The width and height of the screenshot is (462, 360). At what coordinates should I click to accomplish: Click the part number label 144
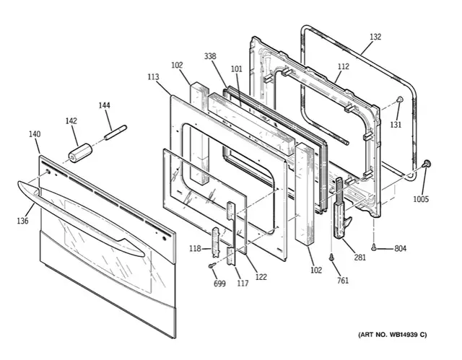click(104, 105)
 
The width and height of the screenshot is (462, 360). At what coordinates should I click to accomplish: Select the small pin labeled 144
click(115, 133)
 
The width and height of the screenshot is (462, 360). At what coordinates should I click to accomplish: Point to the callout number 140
click(35, 134)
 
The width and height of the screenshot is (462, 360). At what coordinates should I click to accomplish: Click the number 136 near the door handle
click(22, 221)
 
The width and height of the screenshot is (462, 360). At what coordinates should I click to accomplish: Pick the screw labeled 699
click(212, 265)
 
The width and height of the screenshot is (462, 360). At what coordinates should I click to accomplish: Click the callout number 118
click(195, 249)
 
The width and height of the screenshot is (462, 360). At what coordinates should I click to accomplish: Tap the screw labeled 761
click(331, 257)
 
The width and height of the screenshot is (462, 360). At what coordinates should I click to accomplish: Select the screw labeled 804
click(374, 247)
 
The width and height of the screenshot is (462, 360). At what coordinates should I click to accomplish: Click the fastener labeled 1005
click(426, 164)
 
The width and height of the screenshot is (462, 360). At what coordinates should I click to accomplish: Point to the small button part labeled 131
click(399, 100)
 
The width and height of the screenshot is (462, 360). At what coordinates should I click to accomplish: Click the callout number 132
click(375, 37)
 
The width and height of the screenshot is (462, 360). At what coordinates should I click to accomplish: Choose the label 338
click(210, 56)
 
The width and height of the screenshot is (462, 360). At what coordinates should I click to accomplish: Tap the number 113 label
click(153, 76)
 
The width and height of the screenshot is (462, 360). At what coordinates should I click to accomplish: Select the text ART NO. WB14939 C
click(392, 335)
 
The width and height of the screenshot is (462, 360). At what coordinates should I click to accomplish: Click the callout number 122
click(261, 277)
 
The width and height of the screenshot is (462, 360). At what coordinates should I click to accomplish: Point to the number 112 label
click(344, 66)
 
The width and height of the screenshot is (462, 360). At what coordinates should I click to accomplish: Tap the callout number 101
click(236, 69)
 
